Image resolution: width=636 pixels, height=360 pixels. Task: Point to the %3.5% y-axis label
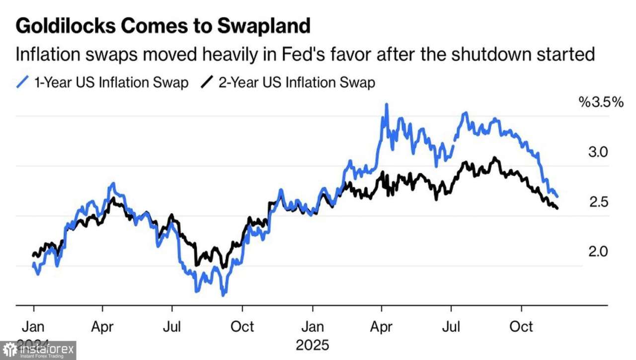(600, 102)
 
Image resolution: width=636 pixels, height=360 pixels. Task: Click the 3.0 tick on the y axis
(598, 152)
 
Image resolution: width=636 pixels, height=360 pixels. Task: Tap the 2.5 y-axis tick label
(598, 202)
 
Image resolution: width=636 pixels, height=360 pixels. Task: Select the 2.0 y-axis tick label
(598, 252)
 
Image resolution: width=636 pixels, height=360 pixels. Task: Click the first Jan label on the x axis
(33, 327)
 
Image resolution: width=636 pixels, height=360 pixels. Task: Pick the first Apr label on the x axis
(102, 327)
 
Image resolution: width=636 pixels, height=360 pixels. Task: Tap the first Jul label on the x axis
(172, 327)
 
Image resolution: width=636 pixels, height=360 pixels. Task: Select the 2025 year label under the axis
(313, 344)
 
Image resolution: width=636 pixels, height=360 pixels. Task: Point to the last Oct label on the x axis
(522, 327)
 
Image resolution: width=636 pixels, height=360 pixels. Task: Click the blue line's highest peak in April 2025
(386, 105)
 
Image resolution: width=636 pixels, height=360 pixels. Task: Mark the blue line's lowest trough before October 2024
(224, 295)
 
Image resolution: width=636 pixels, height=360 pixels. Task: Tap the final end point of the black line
(557, 208)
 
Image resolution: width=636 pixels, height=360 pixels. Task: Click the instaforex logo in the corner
(38, 351)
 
